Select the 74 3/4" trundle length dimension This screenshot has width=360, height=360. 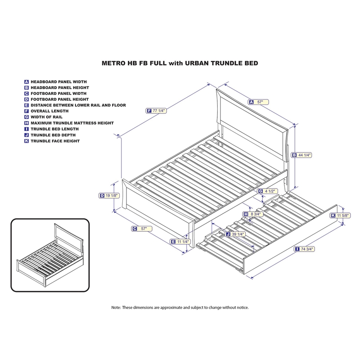tap(304, 249)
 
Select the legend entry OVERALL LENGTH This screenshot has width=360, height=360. tap(49, 111)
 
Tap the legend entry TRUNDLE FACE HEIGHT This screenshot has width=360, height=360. tap(55, 141)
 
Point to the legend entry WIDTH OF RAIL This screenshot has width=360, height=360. tap(48, 117)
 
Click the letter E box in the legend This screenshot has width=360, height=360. tap(27, 105)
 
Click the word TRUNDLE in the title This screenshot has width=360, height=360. tap(216, 63)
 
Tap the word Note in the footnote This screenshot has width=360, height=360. tap(116, 308)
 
